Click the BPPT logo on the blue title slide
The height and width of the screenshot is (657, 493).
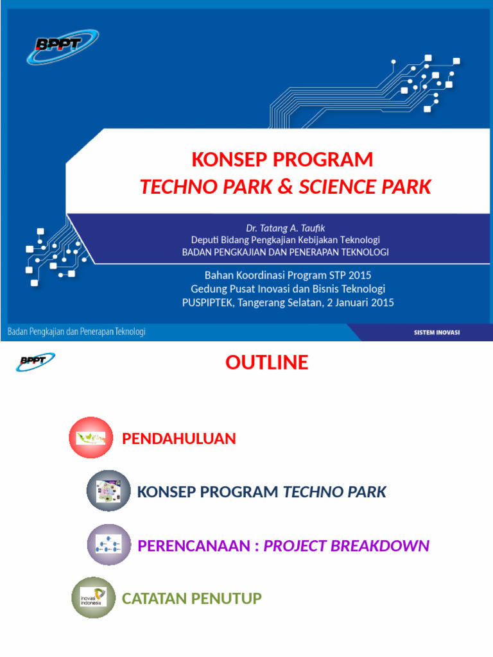coord(62,46)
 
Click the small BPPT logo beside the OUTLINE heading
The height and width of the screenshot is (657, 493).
coord(35,363)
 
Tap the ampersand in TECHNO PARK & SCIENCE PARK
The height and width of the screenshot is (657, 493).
coord(286,187)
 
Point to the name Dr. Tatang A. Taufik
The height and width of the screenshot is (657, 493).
coord(286,228)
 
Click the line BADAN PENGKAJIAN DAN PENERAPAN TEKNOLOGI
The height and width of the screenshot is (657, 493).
coord(286,252)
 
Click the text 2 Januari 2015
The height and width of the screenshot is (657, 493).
coord(361,303)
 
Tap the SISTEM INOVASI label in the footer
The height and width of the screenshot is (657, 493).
coord(436,332)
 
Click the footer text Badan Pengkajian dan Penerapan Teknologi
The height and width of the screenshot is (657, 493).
coord(76,332)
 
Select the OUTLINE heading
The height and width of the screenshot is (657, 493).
coord(266,363)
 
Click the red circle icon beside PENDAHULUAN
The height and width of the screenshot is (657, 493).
coord(91,438)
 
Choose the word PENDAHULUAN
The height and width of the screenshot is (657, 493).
coord(179,439)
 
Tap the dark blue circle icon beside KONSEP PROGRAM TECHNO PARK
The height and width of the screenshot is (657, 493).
coord(108,491)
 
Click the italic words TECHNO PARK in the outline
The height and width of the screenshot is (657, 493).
coord(334,492)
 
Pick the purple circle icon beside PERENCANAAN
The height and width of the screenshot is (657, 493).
coord(109,545)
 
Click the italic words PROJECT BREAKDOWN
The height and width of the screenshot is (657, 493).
coord(347,546)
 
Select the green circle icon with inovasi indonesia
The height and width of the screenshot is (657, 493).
coord(93,597)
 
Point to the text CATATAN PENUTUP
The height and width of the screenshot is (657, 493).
coord(192,599)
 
